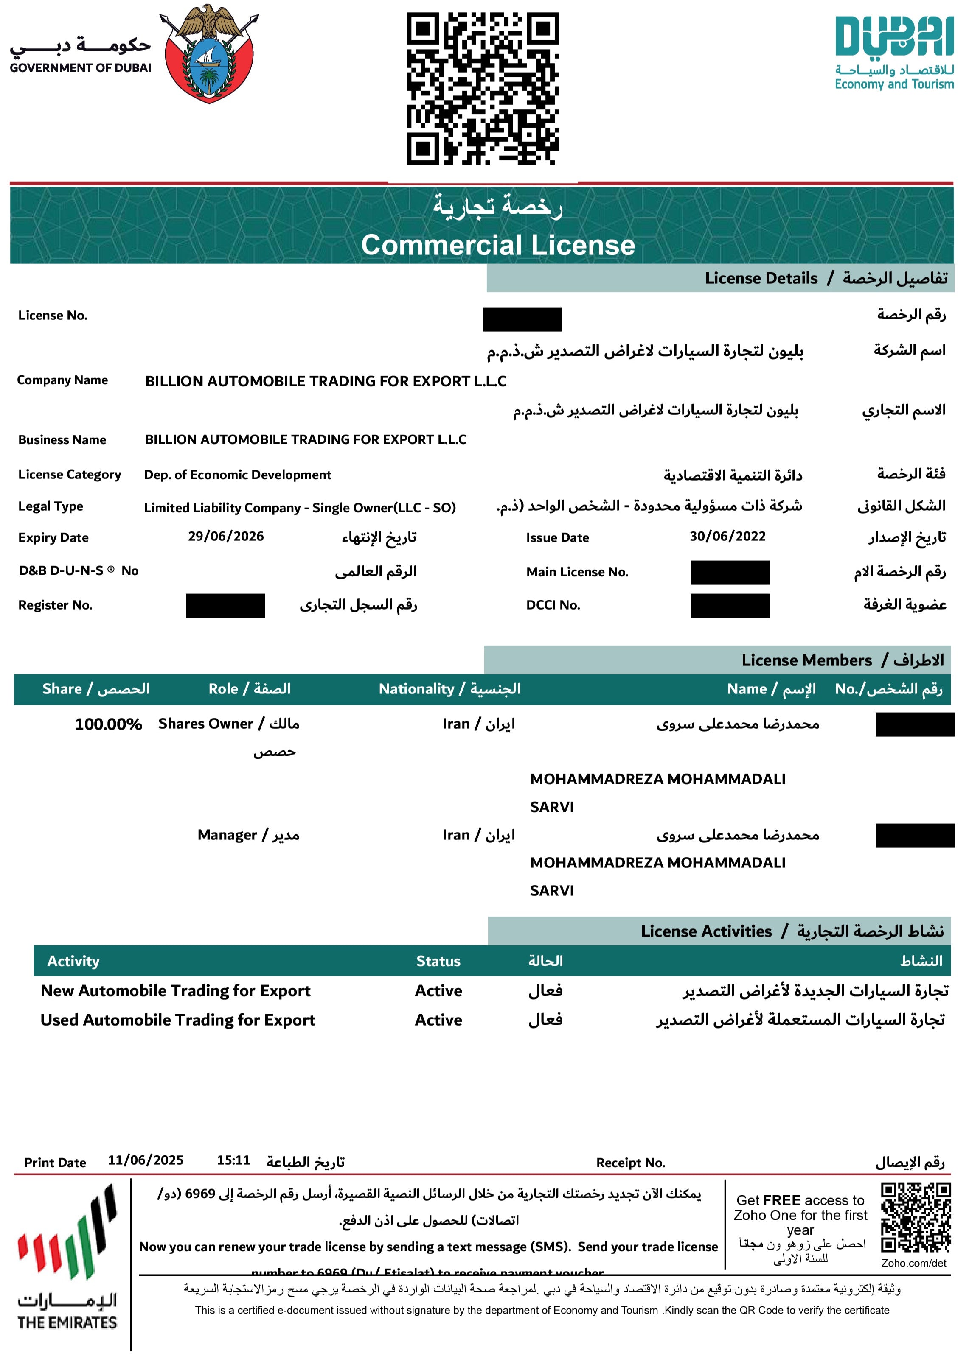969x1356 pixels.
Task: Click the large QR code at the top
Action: (x=482, y=88)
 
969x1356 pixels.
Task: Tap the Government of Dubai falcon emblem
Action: (x=208, y=54)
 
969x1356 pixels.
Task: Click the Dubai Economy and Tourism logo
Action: (x=894, y=53)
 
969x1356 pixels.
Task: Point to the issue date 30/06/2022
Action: (x=727, y=536)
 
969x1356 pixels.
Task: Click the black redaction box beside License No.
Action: (x=522, y=319)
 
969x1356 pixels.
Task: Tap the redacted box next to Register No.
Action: (x=225, y=605)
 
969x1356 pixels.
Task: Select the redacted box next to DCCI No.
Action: (x=729, y=605)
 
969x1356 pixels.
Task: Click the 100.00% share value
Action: (x=108, y=724)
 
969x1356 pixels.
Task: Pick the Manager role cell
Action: (x=248, y=835)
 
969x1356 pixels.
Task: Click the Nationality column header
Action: (x=449, y=689)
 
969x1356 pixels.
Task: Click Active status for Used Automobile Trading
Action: (x=438, y=1020)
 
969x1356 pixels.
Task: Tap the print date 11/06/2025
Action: (x=146, y=1160)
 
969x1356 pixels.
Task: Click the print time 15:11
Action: (x=233, y=1160)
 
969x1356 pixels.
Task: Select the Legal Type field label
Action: (x=51, y=506)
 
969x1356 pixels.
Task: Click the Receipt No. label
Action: (x=631, y=1162)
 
